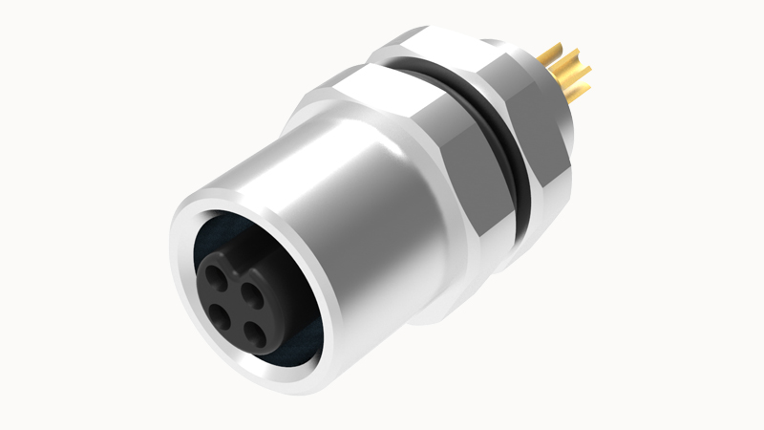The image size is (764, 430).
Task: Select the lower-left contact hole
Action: click(x=219, y=312)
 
